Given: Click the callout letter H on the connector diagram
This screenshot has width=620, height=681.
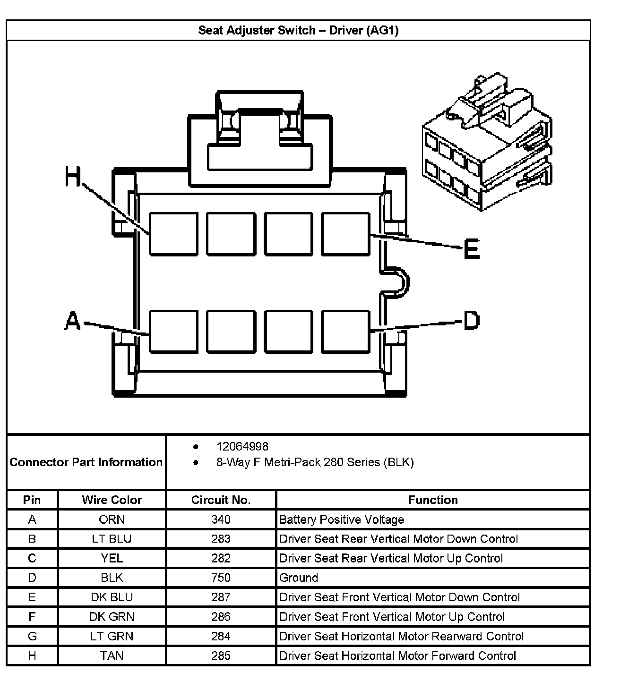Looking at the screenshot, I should coord(73,178).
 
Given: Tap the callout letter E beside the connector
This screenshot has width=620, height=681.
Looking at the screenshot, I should coord(472,249).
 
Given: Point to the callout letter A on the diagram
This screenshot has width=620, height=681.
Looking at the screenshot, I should coord(73,321).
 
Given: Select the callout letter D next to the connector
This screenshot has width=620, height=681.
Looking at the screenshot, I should coord(471,320).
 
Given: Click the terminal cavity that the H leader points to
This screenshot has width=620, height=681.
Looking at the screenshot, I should coord(173,234).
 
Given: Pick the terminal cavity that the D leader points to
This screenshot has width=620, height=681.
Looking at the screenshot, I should coord(345,331).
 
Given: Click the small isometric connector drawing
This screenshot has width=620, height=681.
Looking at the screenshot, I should coord(487,142).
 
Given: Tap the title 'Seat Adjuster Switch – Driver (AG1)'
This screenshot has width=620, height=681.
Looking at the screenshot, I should coord(298,31).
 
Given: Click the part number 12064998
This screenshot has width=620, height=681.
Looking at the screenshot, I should coord(242,447).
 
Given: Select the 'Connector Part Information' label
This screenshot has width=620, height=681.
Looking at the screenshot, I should coord(86,462).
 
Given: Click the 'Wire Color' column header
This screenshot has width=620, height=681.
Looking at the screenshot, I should coord(112,500).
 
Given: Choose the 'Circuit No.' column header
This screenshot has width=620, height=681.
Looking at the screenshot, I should coord(221,500).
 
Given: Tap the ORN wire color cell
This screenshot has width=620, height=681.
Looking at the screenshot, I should coord(112,519).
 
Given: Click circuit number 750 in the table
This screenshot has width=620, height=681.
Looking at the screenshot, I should coord(221,578).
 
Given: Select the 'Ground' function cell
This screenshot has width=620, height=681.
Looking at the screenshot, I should coord(299,578).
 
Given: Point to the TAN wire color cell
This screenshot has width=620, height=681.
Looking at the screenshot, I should coord(112,655).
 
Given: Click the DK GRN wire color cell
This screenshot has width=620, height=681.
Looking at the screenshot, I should coord(112,617).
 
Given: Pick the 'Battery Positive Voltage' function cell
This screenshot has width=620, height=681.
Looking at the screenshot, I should coord(342,519).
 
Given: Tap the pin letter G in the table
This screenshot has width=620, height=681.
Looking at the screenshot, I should coord(32,636).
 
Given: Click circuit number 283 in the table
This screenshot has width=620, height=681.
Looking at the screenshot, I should coord(221,539).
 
